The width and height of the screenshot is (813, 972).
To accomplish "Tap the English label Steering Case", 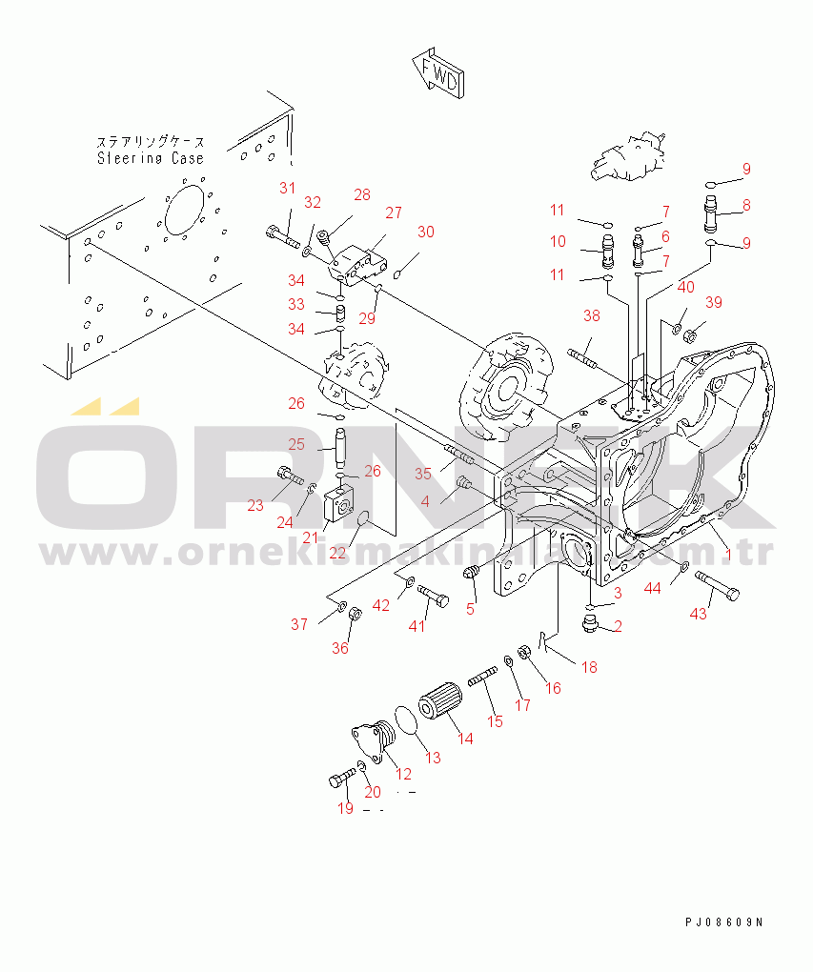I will (151, 158).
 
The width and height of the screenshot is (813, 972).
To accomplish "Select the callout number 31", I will (288, 189).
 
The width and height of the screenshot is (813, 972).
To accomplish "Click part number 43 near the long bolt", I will (699, 613).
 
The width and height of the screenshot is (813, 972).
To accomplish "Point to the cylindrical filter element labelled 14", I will (442, 705).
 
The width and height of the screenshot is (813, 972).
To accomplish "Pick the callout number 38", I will (592, 315).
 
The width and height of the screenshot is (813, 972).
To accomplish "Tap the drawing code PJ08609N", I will (723, 922).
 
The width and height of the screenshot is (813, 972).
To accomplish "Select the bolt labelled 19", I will (340, 780).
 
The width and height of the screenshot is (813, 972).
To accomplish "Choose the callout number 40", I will (685, 287).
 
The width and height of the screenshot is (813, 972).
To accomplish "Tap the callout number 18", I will (589, 667).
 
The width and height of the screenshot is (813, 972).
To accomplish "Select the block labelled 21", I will (338, 503).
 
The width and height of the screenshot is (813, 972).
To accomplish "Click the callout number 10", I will (558, 241).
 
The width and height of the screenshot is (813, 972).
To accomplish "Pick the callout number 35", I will (423, 473).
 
